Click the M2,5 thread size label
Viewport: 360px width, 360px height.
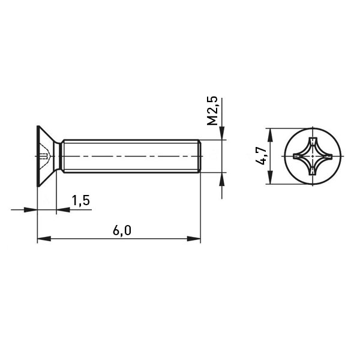[x=212, y=110]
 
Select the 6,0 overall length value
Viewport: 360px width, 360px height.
[x=122, y=230]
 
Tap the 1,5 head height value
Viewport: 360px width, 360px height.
[x=81, y=200]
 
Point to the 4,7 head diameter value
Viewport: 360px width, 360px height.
[x=261, y=155]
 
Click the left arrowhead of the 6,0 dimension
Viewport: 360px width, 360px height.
[x=44, y=239]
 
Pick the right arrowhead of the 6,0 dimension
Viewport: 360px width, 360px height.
[x=194, y=239]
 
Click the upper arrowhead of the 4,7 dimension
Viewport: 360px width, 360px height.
[x=271, y=135]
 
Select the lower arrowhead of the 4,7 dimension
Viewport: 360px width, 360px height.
[x=271, y=177]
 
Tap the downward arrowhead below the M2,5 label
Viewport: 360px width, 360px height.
[x=222, y=133]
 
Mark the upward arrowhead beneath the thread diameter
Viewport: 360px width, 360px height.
[x=222, y=179]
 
